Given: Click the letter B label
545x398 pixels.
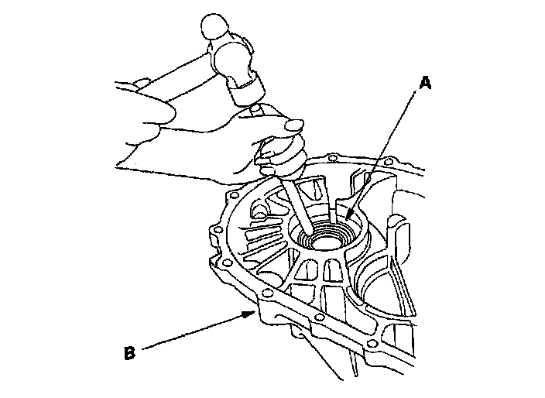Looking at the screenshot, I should [129, 354].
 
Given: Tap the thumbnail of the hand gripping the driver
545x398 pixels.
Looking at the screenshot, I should [293, 124].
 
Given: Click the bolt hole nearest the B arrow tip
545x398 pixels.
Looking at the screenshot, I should [266, 295].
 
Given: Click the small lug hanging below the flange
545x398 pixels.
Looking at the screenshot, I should [298, 335].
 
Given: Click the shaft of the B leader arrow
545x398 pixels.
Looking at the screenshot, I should [194, 332].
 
